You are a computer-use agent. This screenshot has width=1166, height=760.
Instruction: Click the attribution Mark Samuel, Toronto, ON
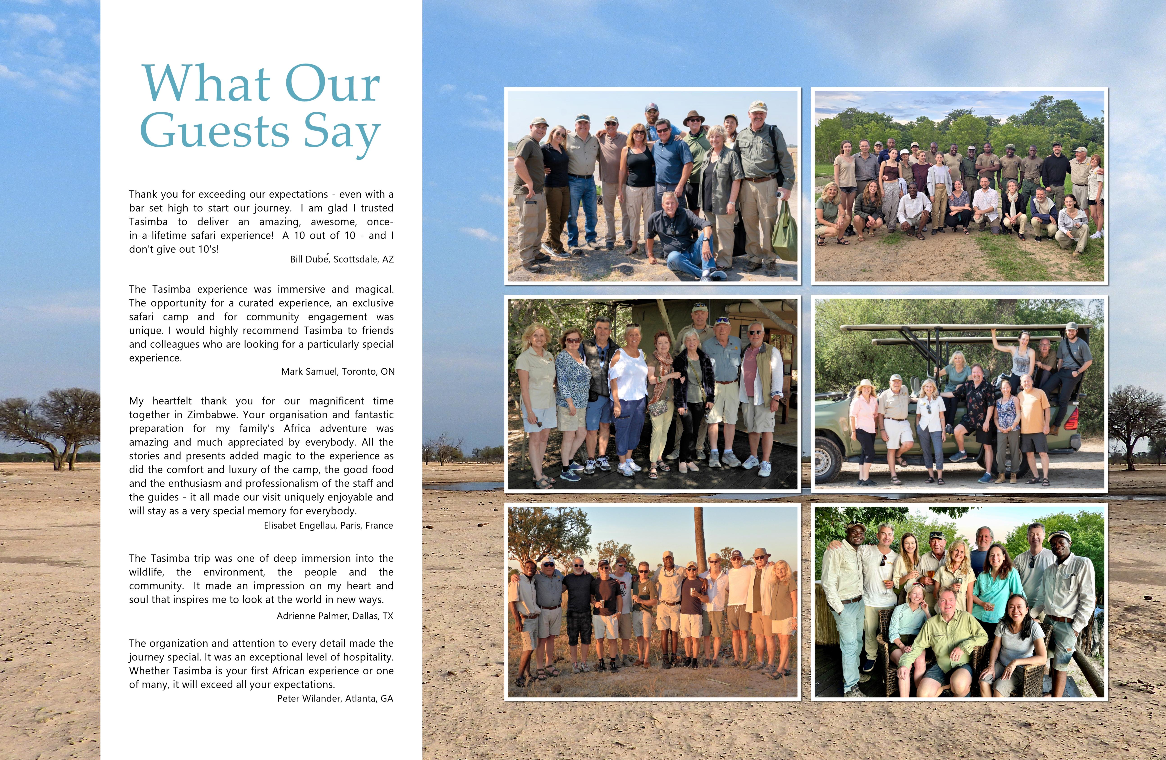(x=338, y=371)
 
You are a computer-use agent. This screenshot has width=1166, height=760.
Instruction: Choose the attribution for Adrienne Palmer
(x=335, y=615)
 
